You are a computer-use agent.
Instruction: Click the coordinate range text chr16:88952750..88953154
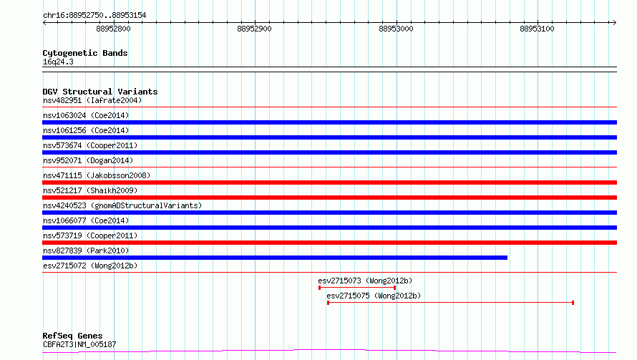(x=94, y=15)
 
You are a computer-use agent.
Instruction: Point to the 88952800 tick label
(x=113, y=29)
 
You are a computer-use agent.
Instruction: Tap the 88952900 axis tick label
(x=254, y=29)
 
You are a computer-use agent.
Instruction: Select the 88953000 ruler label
(x=396, y=29)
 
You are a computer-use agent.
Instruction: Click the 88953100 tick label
(x=537, y=29)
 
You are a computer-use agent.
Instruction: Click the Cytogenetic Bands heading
(x=85, y=53)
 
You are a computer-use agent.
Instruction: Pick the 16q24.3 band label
(x=58, y=62)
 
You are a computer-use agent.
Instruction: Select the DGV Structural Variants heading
(x=100, y=92)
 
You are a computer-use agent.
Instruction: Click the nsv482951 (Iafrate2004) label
(x=92, y=100)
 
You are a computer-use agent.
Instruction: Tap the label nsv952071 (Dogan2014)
(x=88, y=160)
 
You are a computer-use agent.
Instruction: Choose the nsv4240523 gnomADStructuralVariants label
(x=122, y=205)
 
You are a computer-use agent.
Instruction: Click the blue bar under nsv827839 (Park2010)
(x=275, y=258)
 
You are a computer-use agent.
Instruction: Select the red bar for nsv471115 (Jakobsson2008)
(x=329, y=183)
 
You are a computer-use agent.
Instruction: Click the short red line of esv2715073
(x=357, y=288)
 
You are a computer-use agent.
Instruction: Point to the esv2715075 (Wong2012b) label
(x=374, y=296)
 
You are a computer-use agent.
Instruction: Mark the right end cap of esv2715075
(x=573, y=303)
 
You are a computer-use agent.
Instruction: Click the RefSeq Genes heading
(x=73, y=336)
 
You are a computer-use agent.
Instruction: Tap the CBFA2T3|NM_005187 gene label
(x=79, y=344)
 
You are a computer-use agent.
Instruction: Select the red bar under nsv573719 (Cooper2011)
(x=329, y=243)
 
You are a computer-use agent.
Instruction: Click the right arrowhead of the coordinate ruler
(x=615, y=22)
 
